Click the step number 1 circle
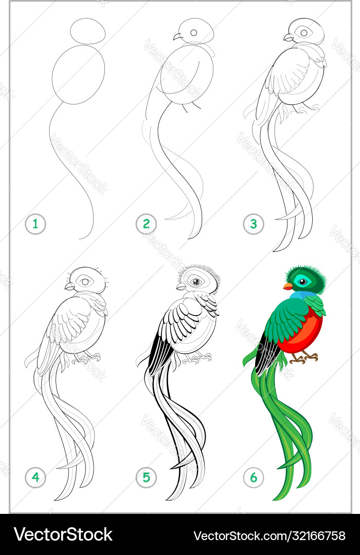pos(35,224)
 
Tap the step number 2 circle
pos(147,224)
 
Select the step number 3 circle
pos(254,224)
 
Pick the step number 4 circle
pos(35,477)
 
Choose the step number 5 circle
pos(147,477)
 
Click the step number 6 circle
pos(254,477)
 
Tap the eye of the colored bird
pos(302,282)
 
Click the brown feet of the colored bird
pos(303,358)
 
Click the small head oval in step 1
pos(88,31)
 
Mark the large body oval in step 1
pos(79,75)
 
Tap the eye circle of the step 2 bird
pos(194,32)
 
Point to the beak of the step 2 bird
pos(177,37)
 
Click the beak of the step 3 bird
pos(289,37)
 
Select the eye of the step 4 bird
pos(85,282)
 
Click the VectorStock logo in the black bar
pos(63,535)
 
